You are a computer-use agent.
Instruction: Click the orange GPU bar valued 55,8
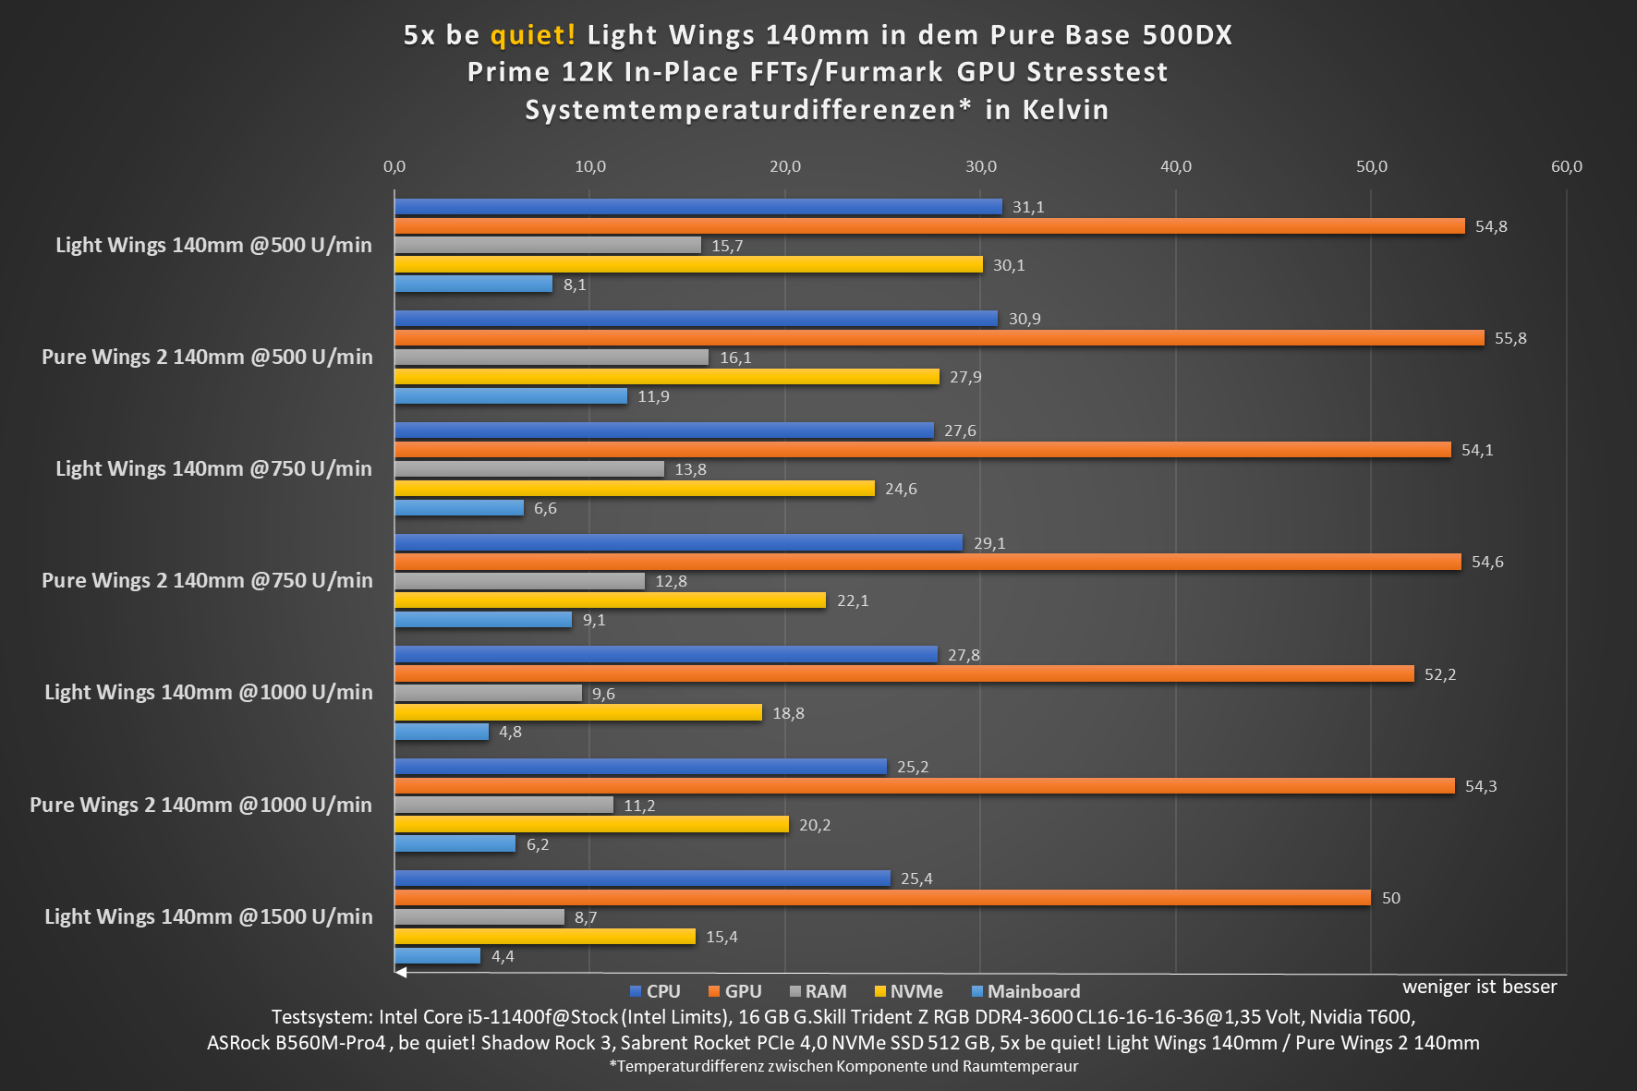coord(939,338)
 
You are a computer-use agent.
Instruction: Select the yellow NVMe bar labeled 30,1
coord(688,265)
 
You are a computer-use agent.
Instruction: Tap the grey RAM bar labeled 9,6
coord(488,693)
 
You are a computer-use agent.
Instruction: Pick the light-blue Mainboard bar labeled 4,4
coord(437,956)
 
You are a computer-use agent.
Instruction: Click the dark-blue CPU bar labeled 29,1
coord(678,543)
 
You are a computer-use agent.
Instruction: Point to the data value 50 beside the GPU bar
coord(1390,898)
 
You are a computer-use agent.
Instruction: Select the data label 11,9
coord(653,396)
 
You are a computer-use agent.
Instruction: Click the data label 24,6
coord(901,489)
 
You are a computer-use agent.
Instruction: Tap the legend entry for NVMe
coord(908,991)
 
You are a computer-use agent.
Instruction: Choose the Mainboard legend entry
coord(1025,991)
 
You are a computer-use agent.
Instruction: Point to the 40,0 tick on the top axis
coord(1175,166)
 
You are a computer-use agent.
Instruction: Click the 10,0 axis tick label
coord(590,166)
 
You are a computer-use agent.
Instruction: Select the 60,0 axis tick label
coord(1566,166)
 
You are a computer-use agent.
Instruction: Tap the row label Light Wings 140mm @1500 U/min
coord(209,916)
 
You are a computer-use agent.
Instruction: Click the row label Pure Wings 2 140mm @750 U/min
coord(207,580)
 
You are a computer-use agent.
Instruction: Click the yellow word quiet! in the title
coord(533,35)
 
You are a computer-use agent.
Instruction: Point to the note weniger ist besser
coord(1479,987)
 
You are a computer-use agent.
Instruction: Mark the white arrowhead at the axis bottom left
coord(401,972)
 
